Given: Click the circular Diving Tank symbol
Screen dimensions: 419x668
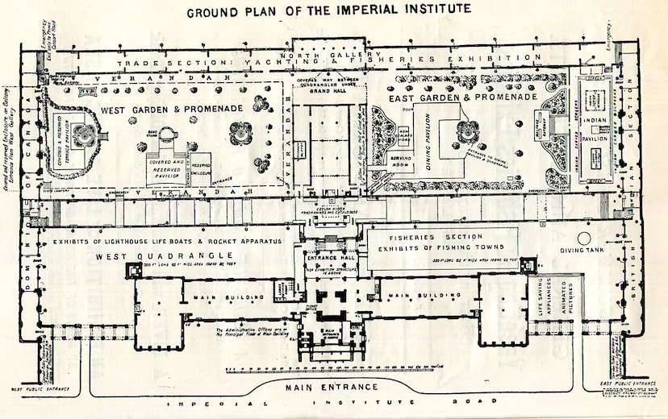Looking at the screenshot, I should coord(582,238).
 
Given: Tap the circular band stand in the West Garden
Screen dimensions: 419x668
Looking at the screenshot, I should coord(167,135).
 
